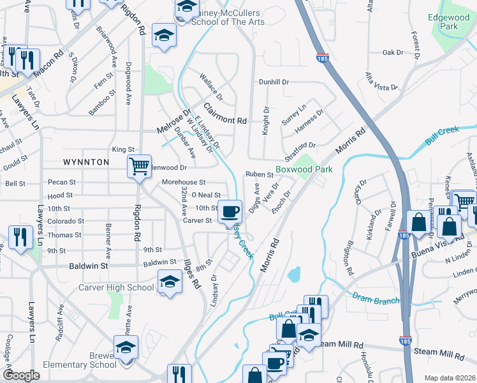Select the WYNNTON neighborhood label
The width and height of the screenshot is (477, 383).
(x=85, y=163)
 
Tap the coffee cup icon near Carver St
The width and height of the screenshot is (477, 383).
(x=230, y=211)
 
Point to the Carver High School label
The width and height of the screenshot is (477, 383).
(x=116, y=287)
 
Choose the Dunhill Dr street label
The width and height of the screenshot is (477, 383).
(x=274, y=82)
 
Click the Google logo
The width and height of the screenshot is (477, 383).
(x=21, y=375)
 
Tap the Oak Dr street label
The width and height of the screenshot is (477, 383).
(x=393, y=52)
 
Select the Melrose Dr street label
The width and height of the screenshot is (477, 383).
(x=173, y=121)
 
